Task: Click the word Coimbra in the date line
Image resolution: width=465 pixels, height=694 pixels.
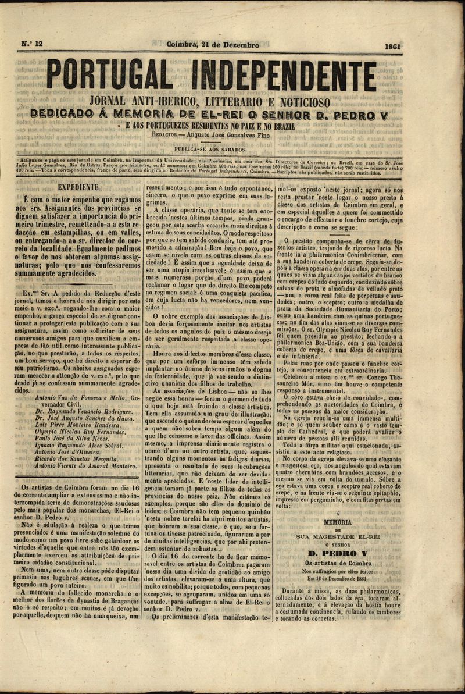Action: pos(183,45)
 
